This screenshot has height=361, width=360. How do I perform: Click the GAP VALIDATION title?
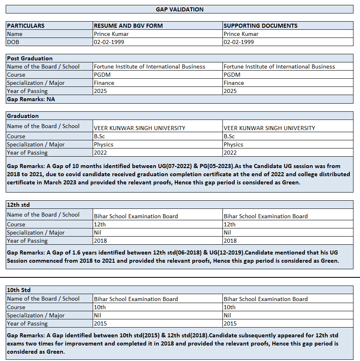pos(180,9)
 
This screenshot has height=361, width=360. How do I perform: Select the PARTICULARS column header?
pos(26,26)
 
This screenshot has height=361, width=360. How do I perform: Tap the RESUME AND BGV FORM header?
pos(128,26)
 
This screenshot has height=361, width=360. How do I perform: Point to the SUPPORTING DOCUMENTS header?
pos(260,26)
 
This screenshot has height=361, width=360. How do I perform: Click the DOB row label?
pos(13,42)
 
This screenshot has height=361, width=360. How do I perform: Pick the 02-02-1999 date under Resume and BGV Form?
pos(109,42)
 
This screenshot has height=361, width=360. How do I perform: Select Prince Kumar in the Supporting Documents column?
pos(241,34)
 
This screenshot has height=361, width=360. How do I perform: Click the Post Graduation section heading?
pos(30,58)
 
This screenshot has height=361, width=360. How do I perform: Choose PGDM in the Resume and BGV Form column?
pos(102,75)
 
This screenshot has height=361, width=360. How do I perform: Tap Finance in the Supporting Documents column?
pos(234,83)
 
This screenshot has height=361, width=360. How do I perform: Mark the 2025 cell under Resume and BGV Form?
pos(100,91)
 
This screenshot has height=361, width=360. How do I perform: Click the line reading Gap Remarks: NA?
pos(31,99)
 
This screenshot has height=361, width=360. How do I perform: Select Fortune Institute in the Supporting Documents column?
pos(279,66)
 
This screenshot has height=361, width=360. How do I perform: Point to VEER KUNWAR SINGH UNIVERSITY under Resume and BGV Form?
pos(140,128)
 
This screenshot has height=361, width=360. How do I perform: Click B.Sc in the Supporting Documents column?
pos(229,136)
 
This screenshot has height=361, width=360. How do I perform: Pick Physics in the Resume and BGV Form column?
pos(104,144)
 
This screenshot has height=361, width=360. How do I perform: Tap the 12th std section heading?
pos(18,205)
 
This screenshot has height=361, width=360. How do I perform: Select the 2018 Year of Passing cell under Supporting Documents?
pos(230,241)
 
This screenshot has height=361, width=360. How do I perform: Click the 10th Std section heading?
pos(19,290)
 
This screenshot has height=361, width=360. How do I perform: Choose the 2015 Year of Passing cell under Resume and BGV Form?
pos(100,323)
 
